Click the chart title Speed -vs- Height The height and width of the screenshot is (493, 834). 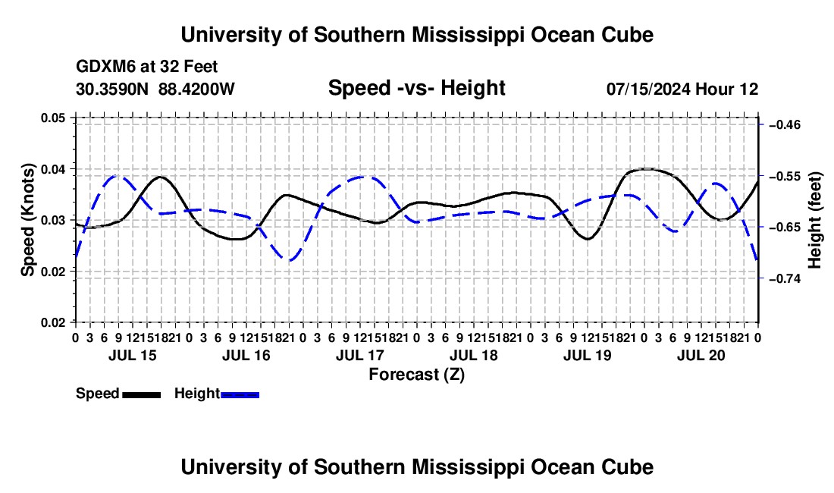(416, 88)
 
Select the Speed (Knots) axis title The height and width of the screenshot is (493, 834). (27, 220)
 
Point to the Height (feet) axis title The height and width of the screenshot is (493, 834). (814, 220)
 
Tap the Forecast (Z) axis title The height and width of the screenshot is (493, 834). (416, 375)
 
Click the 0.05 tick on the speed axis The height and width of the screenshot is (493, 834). (54, 118)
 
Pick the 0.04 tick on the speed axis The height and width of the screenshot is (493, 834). (54, 169)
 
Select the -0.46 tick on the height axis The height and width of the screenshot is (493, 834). (785, 125)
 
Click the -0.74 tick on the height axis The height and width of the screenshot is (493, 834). (785, 278)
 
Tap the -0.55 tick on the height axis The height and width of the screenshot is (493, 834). (785, 176)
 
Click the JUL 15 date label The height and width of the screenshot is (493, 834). (133, 355)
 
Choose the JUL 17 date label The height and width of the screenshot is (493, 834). (360, 355)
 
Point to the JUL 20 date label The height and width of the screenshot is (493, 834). (701, 355)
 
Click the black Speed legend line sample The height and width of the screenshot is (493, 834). (142, 395)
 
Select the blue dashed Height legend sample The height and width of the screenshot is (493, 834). (240, 395)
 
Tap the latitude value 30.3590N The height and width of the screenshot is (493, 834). (112, 89)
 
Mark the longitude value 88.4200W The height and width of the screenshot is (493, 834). (196, 89)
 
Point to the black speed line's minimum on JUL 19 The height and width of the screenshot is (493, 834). (587, 239)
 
